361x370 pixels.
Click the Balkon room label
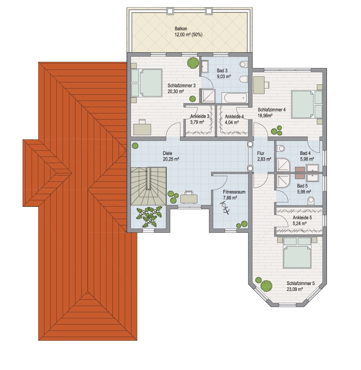pos(181,29)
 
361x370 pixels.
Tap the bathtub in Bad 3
pos(236,98)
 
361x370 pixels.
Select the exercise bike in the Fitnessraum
pos(225,208)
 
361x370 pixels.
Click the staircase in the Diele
pos(148,186)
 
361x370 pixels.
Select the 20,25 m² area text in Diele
pos(171,159)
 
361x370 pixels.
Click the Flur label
pos(260,153)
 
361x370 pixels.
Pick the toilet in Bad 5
pos(311,201)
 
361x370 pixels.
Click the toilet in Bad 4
pos(280,148)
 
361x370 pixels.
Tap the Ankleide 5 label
pos(302,218)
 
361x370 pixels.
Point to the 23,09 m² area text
pos(295,289)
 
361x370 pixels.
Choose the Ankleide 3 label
pos(200,116)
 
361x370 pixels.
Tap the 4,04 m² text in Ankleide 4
pos(232,122)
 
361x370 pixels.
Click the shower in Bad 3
pos(208,96)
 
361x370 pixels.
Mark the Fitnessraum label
pos(234,192)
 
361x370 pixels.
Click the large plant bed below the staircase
pos(149,217)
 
